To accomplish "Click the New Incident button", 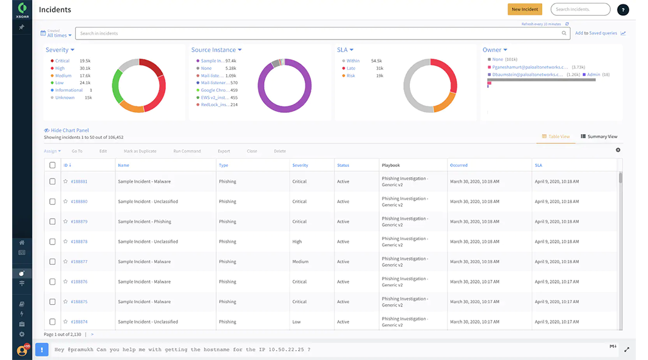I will coord(525,9).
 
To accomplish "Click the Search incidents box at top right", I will coord(580,9).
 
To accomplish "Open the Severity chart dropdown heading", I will coord(60,50).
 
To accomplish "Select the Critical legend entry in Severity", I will coord(62,61).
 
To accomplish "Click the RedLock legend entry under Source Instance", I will coord(216,104).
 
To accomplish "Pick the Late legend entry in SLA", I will coord(351,68).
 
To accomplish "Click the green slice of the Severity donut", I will coord(117,88).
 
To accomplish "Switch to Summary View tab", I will coord(599,137).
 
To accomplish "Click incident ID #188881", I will coord(79,182).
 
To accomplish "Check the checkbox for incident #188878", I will coord(52,242).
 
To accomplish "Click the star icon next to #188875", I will coord(66,302).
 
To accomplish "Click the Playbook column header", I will coord(391,165).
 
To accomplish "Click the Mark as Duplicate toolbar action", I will coord(140,151).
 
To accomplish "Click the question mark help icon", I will coord(622,10).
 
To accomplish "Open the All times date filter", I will coord(56,35).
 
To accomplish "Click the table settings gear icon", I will coord(618,150).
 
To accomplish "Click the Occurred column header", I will coord(459,165).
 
